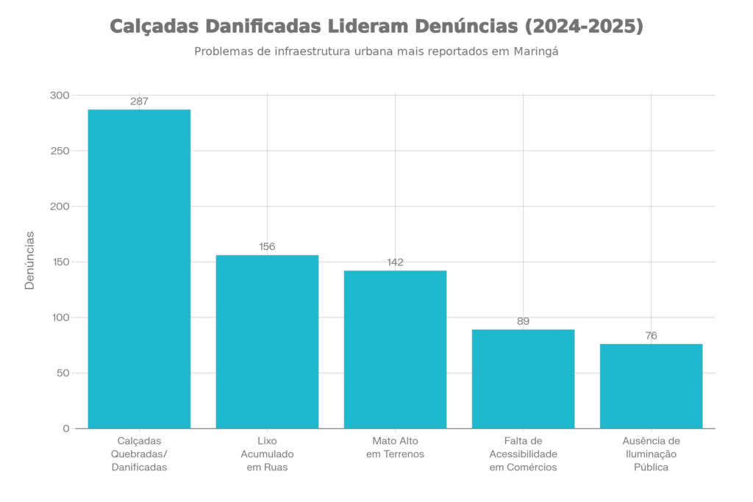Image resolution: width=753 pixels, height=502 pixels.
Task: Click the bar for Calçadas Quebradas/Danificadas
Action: (139, 268)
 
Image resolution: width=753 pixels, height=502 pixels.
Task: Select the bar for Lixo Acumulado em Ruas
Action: (267, 341)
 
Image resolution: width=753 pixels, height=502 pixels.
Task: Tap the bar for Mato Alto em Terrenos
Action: (395, 348)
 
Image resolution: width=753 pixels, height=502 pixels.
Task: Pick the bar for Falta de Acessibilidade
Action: (523, 378)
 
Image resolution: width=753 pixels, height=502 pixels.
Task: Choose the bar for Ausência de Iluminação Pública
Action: (651, 385)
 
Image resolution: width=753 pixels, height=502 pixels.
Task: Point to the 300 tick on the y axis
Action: (60, 96)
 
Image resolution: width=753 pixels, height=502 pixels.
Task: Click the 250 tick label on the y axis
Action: (60, 151)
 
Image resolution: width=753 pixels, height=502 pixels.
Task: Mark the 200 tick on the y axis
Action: (60, 207)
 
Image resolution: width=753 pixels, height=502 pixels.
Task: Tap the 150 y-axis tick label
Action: (60, 262)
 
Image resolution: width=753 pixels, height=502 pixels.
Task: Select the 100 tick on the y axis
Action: (60, 318)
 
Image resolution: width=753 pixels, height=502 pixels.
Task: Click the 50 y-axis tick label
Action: (62, 373)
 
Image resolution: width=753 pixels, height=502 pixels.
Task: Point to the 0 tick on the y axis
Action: (65, 429)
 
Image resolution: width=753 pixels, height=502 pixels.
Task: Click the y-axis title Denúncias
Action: (29, 260)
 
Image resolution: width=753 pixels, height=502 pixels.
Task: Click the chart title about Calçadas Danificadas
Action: (376, 27)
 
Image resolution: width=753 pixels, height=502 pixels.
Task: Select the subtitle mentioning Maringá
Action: (376, 52)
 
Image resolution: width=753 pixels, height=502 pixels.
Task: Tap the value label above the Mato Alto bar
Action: (395, 262)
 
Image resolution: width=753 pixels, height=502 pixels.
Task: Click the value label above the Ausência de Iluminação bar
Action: (651, 336)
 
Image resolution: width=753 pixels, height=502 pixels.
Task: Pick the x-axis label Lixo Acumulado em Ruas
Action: (267, 453)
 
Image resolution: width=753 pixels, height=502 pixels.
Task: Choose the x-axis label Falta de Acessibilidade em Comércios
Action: (523, 453)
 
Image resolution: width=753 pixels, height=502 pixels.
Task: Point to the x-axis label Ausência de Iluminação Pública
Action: (651, 453)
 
